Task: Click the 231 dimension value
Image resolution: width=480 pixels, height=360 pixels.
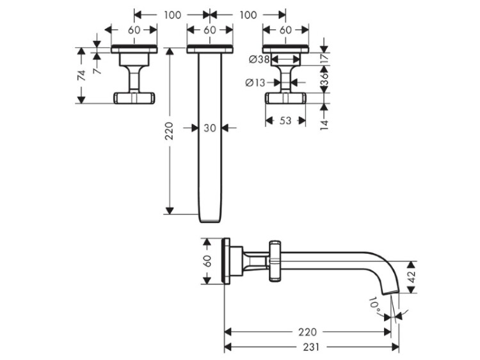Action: click(311, 347)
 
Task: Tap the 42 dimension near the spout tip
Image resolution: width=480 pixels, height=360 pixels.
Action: click(412, 277)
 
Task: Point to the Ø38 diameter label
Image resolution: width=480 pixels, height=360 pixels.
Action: click(259, 59)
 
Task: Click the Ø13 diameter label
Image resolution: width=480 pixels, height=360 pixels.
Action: click(255, 82)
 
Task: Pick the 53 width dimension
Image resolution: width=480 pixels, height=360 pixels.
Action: click(285, 120)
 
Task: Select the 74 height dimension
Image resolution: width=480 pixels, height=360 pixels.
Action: click(81, 75)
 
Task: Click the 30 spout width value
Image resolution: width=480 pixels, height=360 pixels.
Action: click(210, 128)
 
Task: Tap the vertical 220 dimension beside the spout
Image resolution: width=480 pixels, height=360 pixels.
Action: click(169, 131)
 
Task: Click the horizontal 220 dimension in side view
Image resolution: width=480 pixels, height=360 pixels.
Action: click(307, 332)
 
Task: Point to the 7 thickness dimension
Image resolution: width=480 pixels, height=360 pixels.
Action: click(97, 71)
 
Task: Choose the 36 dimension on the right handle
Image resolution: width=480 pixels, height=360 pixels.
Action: click(324, 79)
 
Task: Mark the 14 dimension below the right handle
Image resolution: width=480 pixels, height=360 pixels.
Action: click(324, 125)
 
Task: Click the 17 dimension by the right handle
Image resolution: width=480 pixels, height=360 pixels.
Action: click(324, 58)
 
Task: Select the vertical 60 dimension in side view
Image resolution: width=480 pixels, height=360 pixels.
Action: click(207, 261)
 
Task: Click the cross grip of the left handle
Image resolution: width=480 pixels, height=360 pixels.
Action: click(134, 98)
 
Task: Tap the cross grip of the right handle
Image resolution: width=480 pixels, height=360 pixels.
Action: click(285, 98)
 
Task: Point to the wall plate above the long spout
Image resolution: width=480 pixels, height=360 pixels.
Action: click(210, 49)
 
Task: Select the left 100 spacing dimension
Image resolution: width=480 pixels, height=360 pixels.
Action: click(172, 15)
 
